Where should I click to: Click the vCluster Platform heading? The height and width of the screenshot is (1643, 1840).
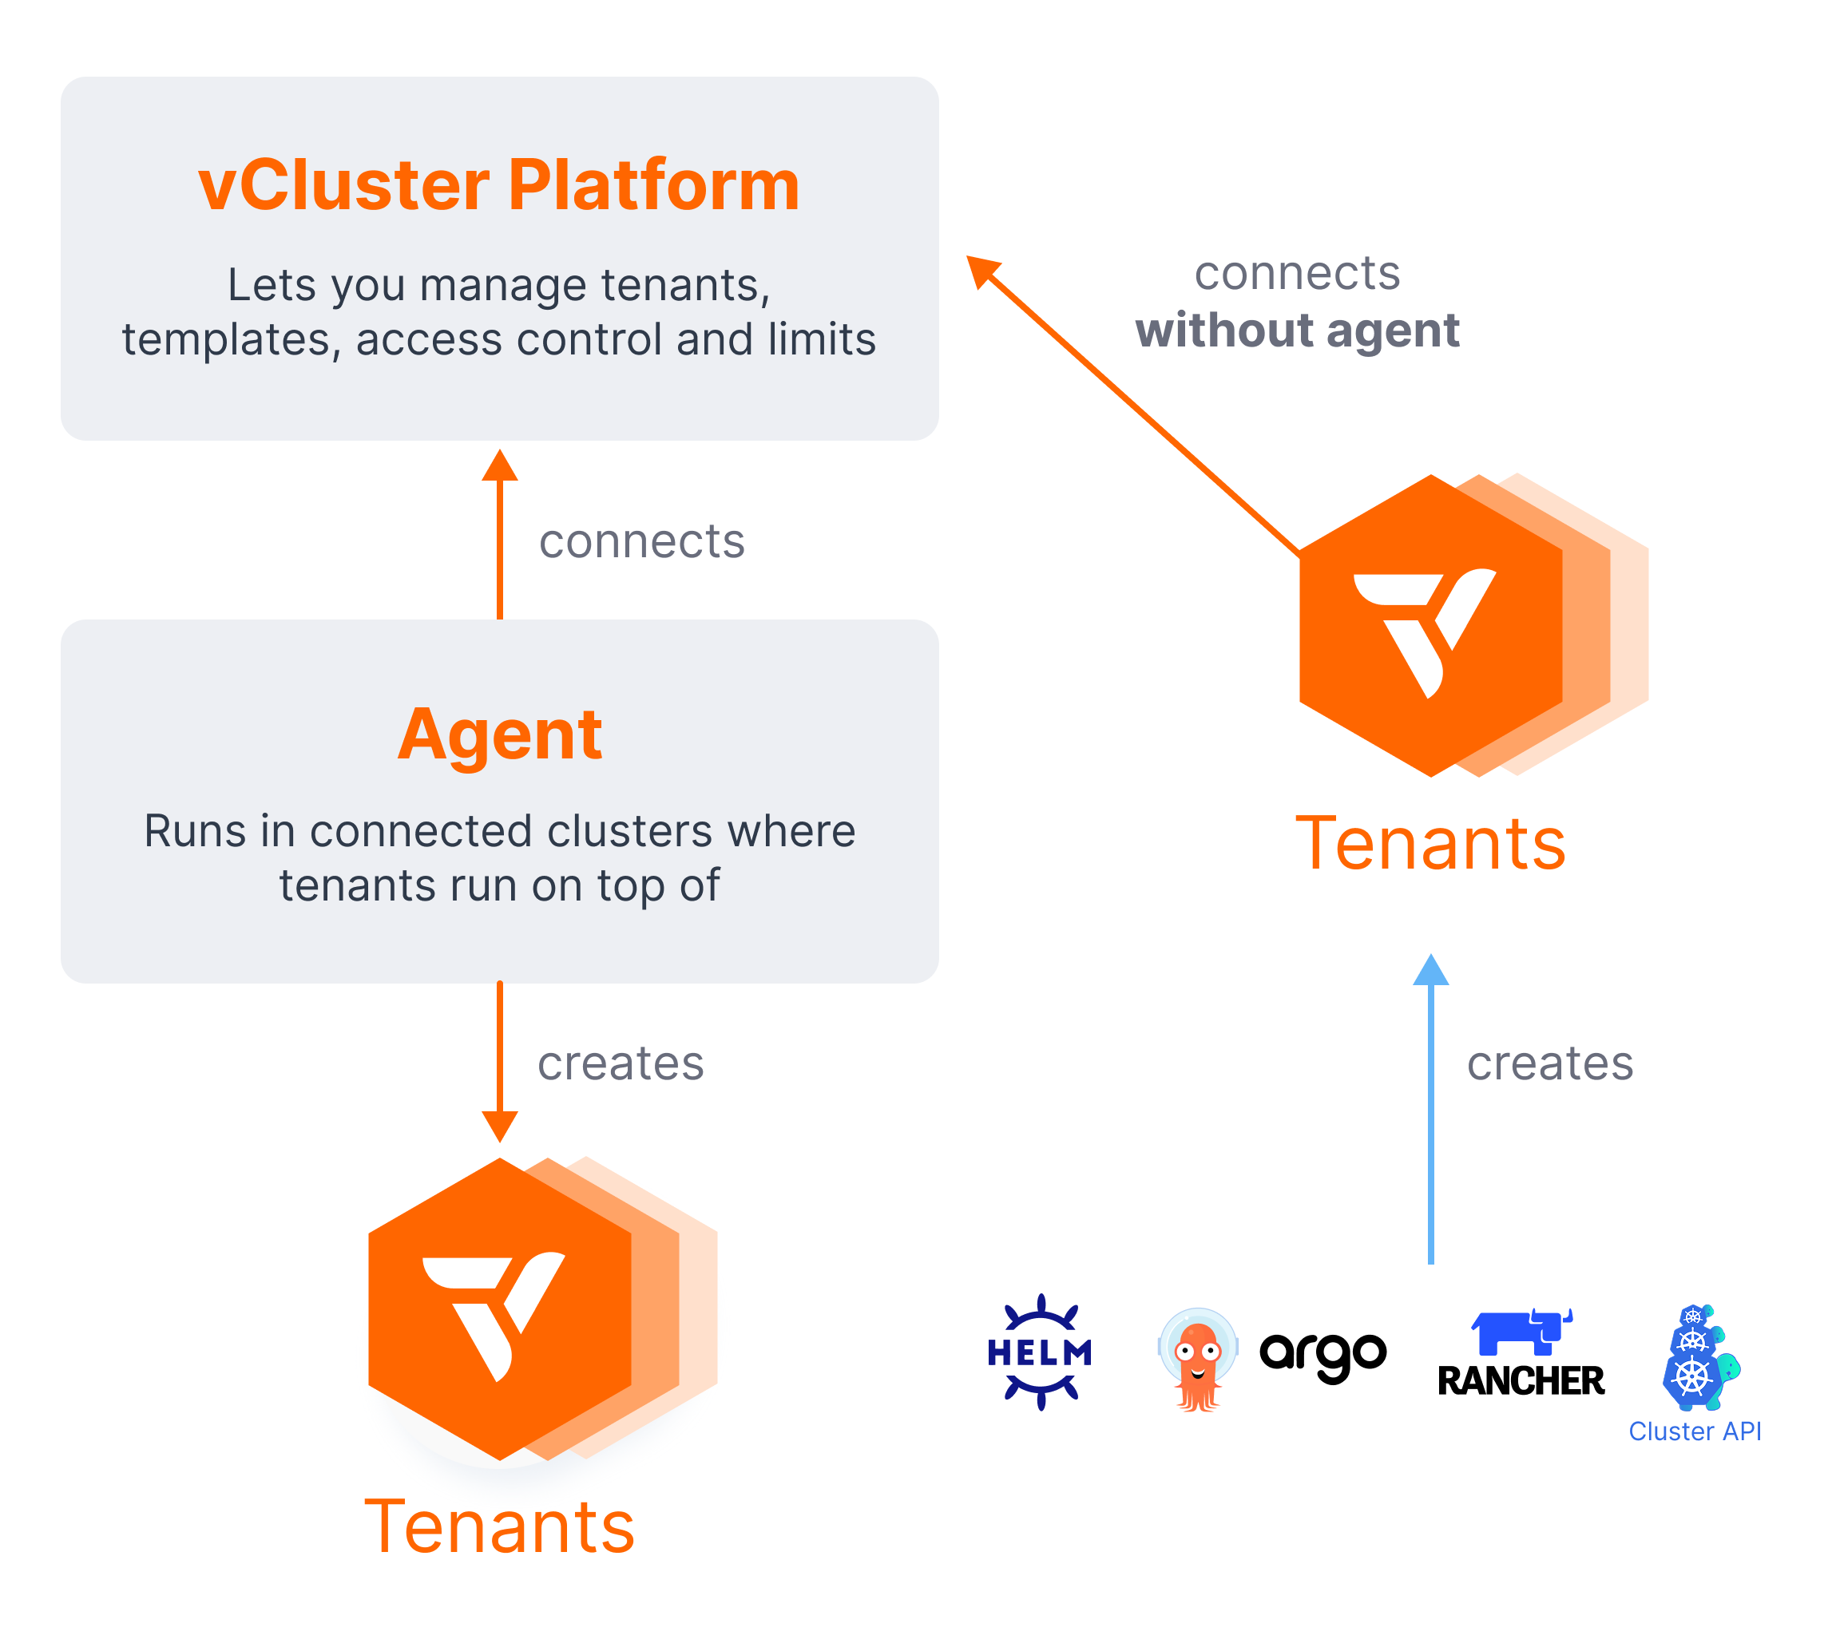coord(498,185)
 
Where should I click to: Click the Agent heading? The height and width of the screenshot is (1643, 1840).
coord(499,734)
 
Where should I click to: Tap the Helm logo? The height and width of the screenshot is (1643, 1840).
coord(1040,1352)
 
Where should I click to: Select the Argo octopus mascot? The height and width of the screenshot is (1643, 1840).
coord(1197,1359)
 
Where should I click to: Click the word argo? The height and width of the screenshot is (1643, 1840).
coord(1322,1355)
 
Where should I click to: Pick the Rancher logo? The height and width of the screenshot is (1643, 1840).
coord(1521,1354)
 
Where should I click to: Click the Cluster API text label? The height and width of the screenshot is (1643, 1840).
coord(1694,1431)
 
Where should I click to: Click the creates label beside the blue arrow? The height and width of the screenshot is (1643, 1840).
coord(1549,1063)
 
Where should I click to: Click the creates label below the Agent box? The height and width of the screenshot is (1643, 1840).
coord(621,1063)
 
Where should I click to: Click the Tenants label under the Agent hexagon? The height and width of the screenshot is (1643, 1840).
coord(499,1527)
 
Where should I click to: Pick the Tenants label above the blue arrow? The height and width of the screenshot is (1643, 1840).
coord(1430,844)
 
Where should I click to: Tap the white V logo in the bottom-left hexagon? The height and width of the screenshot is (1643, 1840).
coord(493,1314)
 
